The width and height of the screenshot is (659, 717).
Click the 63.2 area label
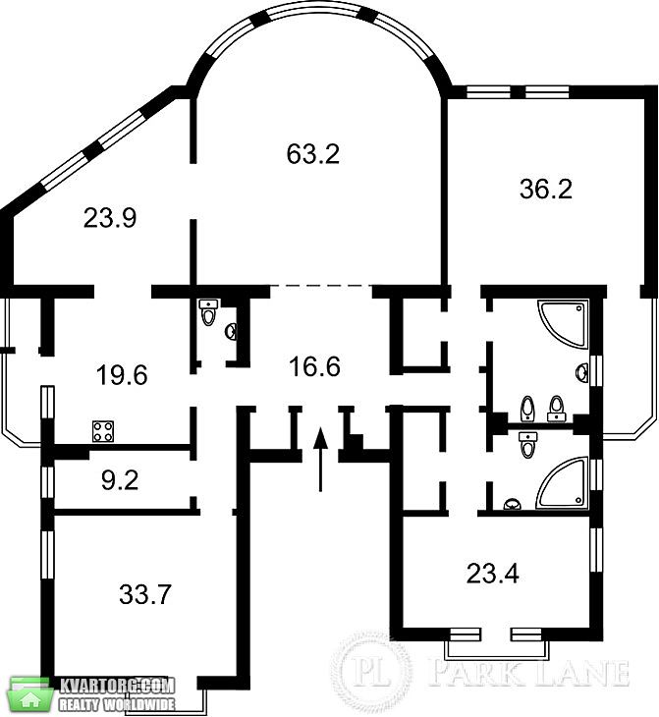(313, 153)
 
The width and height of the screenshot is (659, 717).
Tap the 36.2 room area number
(546, 189)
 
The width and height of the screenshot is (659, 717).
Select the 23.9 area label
(110, 217)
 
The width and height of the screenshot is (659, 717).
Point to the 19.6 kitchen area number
(122, 375)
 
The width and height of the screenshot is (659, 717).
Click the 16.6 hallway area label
(314, 366)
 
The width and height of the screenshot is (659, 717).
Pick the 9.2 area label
(120, 480)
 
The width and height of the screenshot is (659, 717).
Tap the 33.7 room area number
(145, 594)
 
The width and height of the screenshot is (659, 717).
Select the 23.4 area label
(493, 574)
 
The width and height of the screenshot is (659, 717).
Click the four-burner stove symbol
(103, 431)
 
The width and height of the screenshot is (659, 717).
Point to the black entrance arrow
(320, 459)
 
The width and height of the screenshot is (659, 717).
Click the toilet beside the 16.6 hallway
(208, 312)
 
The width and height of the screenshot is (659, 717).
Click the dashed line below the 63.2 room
(321, 286)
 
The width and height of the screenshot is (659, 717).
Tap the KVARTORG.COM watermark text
(118, 686)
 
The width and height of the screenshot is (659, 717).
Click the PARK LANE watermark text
(529, 673)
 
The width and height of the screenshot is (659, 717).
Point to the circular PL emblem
(371, 672)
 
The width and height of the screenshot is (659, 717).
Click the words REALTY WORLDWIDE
(117, 704)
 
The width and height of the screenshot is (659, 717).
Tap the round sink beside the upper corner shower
(582, 372)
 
